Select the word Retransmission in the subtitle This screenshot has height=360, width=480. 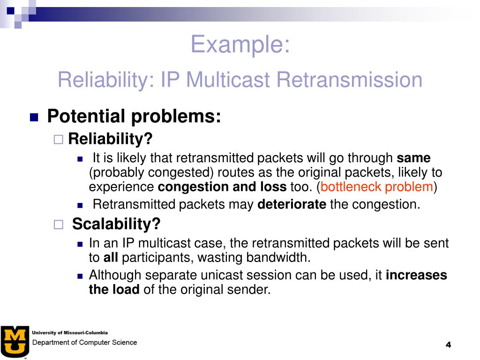349,80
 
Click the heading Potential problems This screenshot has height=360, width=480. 134,116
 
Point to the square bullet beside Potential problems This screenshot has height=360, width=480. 34,117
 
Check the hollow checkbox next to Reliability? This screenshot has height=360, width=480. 59,140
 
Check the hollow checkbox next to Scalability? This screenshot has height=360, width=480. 59,225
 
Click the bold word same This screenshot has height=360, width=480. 413,158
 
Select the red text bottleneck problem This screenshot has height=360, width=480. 376,187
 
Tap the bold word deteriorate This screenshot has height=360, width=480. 292,204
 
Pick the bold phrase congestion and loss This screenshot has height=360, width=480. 222,187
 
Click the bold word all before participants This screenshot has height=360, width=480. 111,257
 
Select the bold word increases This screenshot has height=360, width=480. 416,275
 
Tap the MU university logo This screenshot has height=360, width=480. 15,342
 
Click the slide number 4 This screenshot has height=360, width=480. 449,345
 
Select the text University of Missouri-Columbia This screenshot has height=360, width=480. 70,333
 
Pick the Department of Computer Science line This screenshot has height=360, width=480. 84,343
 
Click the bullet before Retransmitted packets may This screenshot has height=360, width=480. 80,205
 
